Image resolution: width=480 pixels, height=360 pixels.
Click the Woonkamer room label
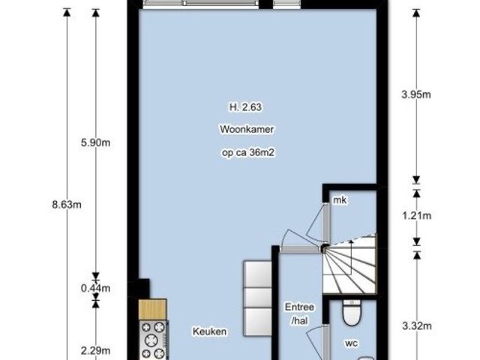point(247,129)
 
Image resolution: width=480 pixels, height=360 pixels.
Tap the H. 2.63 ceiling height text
point(245,107)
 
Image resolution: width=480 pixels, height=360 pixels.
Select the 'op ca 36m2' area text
point(248,152)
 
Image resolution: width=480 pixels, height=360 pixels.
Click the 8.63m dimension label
point(67,205)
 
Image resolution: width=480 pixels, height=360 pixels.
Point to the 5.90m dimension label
point(95,143)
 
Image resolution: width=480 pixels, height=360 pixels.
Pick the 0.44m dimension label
point(95,288)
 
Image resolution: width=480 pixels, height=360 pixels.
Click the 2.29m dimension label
point(95,351)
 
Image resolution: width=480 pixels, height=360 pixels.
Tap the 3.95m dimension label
point(416,94)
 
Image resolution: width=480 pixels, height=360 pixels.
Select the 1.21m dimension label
point(417,216)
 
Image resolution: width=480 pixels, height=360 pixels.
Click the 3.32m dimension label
point(417,326)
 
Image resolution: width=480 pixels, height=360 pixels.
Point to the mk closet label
point(340,200)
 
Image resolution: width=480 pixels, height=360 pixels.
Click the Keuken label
point(210,331)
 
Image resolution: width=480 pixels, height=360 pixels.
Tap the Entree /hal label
point(299,313)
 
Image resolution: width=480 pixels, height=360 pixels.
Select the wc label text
point(352,343)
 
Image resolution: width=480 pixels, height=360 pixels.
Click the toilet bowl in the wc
point(352,312)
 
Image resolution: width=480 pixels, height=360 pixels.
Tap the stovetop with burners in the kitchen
point(153,340)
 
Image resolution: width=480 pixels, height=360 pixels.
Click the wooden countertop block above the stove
point(152,310)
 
